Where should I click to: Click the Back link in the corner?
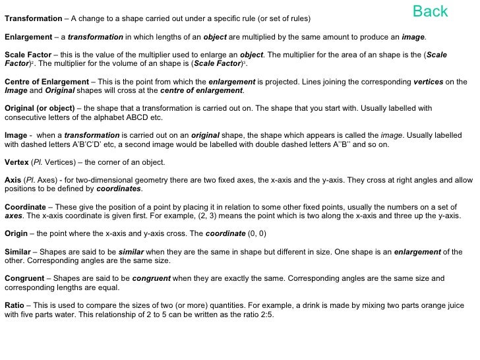tap(430, 11)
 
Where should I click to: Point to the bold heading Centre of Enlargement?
tap(45, 82)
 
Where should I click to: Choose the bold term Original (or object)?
tap(39, 108)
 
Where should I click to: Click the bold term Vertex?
tap(16, 162)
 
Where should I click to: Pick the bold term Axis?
tap(13, 180)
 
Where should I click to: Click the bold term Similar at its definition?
tap(18, 252)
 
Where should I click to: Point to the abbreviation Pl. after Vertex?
tap(39, 162)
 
